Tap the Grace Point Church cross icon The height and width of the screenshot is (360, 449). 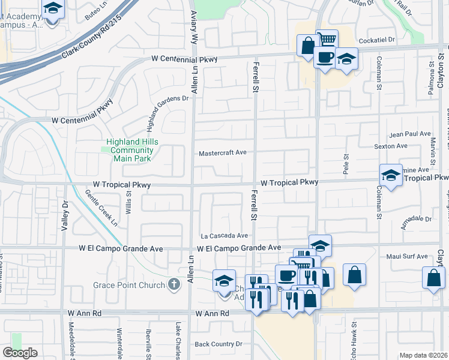tap(174, 284)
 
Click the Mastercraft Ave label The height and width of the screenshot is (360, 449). tap(223, 152)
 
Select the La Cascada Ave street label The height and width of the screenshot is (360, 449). tap(224, 236)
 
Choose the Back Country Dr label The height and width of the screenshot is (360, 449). tap(218, 344)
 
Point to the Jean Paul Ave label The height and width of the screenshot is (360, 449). tap(411, 134)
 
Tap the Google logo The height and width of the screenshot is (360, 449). tap(20, 353)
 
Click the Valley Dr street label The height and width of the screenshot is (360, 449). tap(65, 216)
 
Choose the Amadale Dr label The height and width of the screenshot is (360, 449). tap(416, 222)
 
